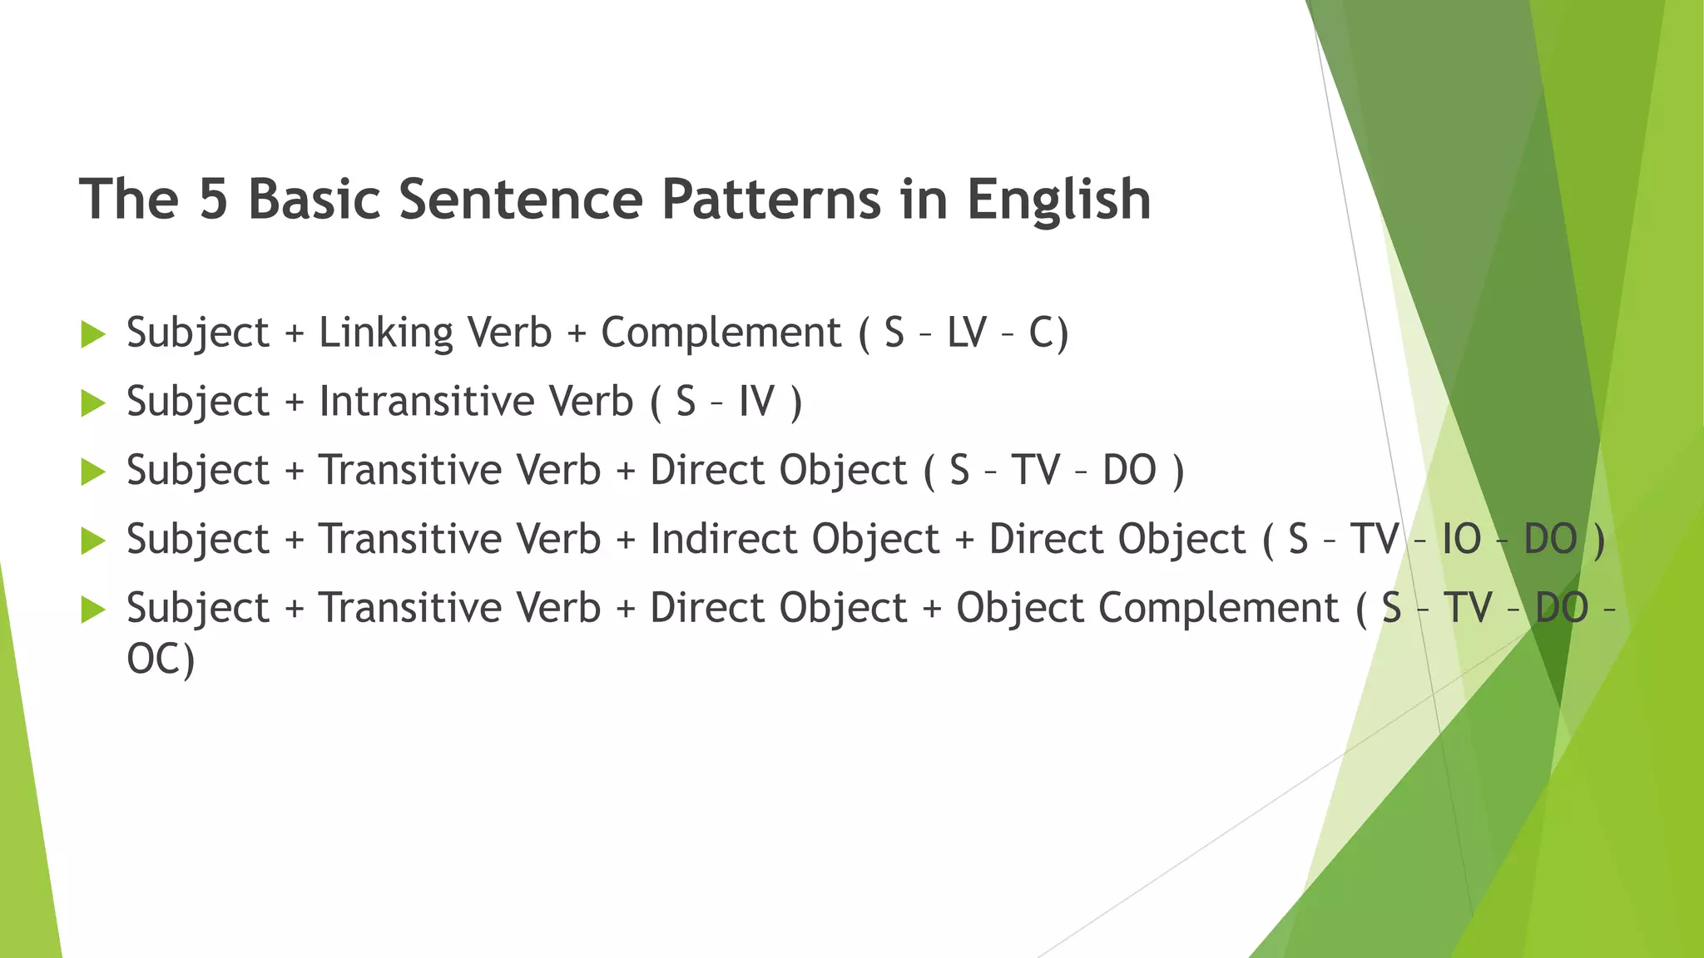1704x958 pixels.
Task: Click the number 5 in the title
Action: tap(213, 200)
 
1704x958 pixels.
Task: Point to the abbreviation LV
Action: tap(966, 333)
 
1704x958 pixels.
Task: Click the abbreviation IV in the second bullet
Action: tap(755, 402)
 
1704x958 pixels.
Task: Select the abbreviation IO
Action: tap(1461, 539)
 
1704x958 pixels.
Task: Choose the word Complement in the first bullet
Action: tap(721, 333)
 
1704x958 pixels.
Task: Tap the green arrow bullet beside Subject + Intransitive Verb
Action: tap(93, 403)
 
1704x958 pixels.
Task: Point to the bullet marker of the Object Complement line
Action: tap(93, 610)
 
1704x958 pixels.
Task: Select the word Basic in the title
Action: tap(315, 200)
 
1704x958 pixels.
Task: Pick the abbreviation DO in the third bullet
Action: tap(1129, 471)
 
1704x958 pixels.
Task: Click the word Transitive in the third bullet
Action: tap(459, 471)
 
